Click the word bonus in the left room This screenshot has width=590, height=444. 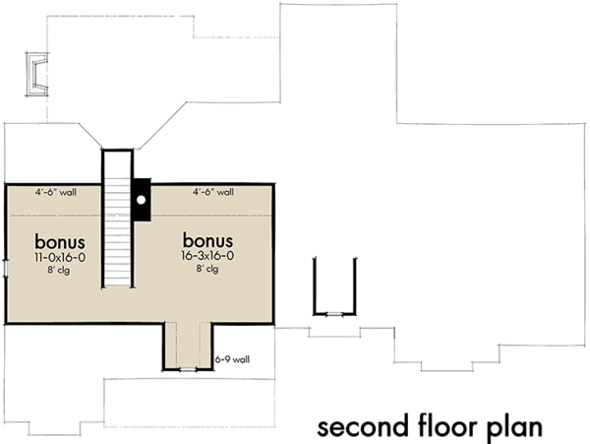(x=59, y=241)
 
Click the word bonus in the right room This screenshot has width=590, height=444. (x=207, y=241)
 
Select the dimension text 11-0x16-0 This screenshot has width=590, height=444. (x=59, y=257)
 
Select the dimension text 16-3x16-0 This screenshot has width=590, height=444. (x=207, y=257)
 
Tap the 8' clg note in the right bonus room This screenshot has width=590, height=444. (x=207, y=270)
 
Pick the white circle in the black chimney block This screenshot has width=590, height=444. (x=142, y=199)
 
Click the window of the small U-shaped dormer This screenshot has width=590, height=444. (x=335, y=313)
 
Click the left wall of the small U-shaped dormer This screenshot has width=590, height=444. (x=315, y=286)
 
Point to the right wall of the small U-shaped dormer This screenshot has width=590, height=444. (x=356, y=286)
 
